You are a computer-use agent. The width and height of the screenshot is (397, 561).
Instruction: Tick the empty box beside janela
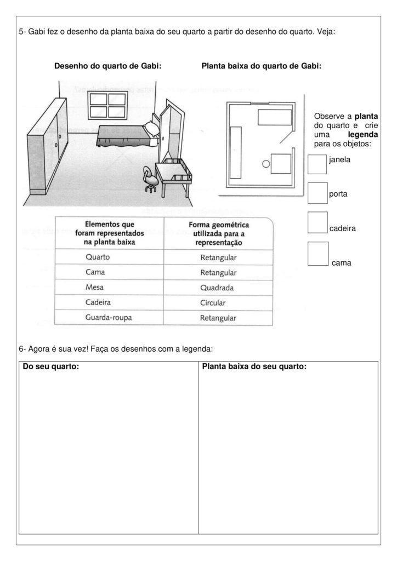(x=317, y=164)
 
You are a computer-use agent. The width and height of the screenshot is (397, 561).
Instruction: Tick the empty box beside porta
(x=317, y=192)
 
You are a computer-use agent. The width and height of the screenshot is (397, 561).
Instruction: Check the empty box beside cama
(x=318, y=254)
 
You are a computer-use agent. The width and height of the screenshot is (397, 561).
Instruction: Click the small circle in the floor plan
(x=266, y=163)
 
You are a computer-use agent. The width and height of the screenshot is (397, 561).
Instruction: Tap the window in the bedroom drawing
(x=107, y=105)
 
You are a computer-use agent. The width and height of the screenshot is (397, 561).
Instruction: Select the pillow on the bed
(x=151, y=128)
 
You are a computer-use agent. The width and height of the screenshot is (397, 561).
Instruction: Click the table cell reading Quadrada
(x=218, y=287)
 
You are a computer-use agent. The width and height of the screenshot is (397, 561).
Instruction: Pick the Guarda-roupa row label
(x=107, y=317)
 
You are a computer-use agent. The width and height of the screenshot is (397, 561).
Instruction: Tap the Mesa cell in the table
(x=95, y=287)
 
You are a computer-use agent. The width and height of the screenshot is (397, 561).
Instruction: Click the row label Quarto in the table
(x=98, y=257)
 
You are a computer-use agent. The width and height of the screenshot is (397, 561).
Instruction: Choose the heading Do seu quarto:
(x=51, y=367)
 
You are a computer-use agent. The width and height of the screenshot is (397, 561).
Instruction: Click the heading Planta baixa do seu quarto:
(x=254, y=367)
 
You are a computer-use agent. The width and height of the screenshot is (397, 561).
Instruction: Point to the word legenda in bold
(x=362, y=134)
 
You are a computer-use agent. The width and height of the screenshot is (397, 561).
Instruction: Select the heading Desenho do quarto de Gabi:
(x=107, y=66)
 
